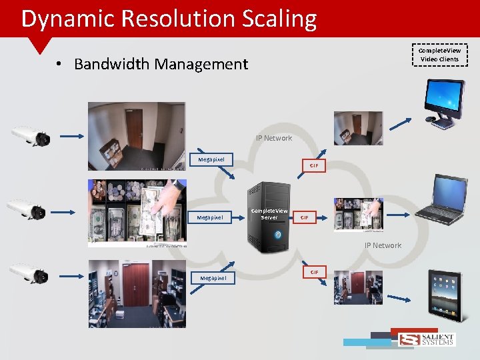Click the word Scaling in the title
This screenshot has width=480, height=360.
(x=278, y=19)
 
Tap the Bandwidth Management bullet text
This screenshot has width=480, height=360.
(x=161, y=64)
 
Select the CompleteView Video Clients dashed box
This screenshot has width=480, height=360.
(x=439, y=55)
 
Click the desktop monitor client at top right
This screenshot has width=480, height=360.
(x=443, y=100)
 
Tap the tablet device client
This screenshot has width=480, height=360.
(x=445, y=291)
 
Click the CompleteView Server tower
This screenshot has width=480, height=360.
(x=269, y=216)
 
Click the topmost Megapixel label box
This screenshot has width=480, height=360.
(x=211, y=159)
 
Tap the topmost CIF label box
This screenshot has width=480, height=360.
(x=314, y=165)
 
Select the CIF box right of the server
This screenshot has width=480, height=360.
(x=305, y=217)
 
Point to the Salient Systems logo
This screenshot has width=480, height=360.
(x=427, y=339)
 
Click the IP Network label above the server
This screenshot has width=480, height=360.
(x=273, y=138)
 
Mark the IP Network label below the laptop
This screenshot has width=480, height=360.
(x=383, y=245)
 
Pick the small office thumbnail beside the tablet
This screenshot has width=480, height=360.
(x=359, y=287)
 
